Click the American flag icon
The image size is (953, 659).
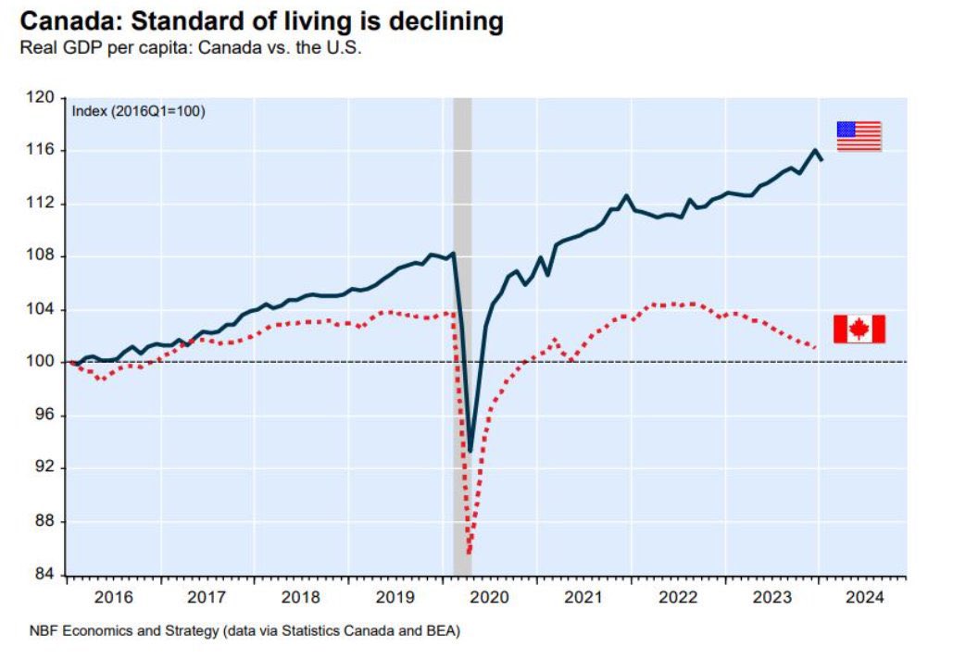click(859, 136)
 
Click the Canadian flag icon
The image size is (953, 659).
click(859, 329)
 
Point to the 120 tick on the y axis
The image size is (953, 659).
click(45, 97)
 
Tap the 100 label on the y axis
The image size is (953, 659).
click(45, 363)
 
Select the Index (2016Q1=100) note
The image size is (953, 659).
click(138, 111)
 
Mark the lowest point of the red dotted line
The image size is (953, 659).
click(469, 553)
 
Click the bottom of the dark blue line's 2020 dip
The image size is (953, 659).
click(470, 451)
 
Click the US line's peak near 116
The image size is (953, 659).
click(815, 150)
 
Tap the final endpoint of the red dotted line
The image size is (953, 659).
click(815, 348)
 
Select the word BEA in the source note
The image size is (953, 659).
click(444, 631)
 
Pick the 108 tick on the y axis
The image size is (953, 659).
click(45, 256)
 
